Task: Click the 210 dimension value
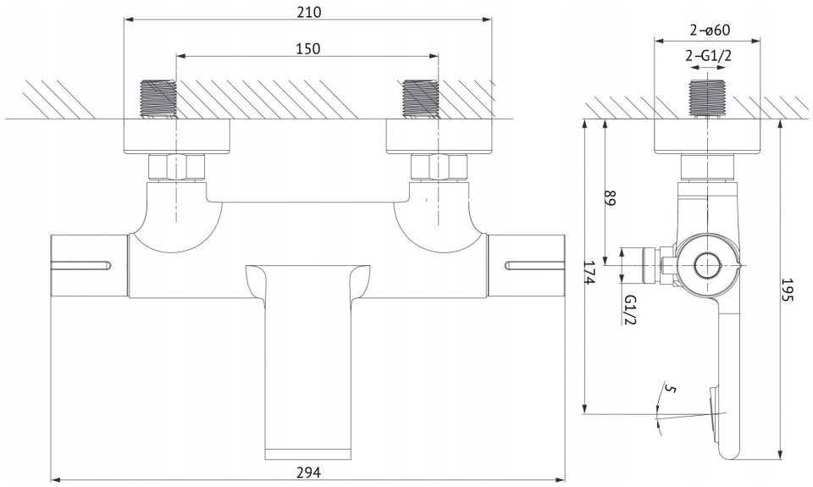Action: (x=308, y=12)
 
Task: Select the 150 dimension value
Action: (x=308, y=49)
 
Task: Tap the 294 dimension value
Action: (x=308, y=473)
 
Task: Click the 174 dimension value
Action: (x=588, y=272)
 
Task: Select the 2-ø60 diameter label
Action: (x=710, y=30)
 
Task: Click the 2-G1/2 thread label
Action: (x=708, y=56)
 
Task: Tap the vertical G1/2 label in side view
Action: (x=630, y=309)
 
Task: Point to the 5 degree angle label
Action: (x=670, y=389)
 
